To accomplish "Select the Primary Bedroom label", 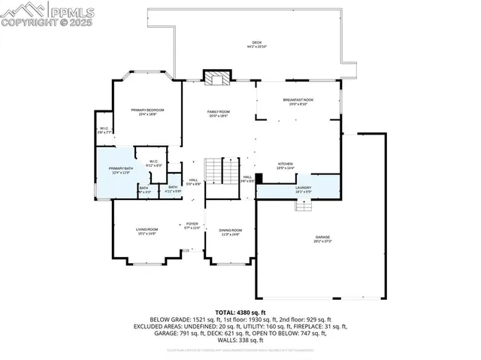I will coord(147,112).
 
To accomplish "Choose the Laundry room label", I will coord(303,189).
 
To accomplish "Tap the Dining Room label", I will coord(231,231).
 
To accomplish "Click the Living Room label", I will coord(147,231).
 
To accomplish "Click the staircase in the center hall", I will coord(215,171).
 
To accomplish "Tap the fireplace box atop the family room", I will coord(218,78).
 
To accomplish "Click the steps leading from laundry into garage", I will coord(303,205).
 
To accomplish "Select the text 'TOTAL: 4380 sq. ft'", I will coord(240,311).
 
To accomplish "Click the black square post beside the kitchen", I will coord(259,179).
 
